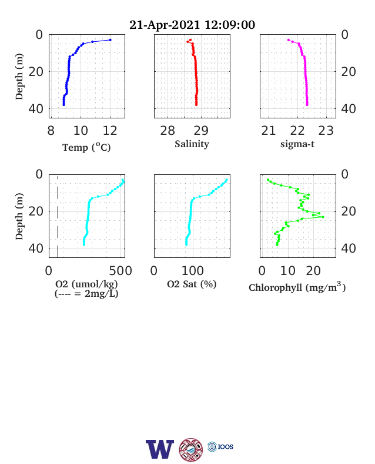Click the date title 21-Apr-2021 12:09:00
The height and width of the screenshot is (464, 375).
192,25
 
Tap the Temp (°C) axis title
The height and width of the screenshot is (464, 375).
86,147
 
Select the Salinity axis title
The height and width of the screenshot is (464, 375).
192,144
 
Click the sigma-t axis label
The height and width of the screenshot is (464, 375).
297,144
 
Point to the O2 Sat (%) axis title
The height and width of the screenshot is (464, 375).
192,284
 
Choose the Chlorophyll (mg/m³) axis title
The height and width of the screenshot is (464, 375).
297,287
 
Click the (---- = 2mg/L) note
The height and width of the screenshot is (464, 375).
86,294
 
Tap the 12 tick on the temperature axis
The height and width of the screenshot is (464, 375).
110,131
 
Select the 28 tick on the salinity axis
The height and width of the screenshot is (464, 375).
168,131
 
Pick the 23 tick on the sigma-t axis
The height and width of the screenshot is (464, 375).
326,131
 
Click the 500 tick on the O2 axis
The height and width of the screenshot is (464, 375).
120,270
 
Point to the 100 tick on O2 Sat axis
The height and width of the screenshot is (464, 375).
193,270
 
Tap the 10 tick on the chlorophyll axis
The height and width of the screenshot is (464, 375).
287,270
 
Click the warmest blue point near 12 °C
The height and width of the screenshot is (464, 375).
110,40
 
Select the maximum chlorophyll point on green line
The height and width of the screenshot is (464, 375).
323,217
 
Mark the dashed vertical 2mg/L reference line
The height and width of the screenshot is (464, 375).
58,216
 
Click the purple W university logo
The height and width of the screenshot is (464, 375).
160,449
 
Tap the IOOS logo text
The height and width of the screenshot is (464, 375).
226,446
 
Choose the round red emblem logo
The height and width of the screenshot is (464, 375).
191,450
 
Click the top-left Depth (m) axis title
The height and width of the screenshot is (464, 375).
19,77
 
